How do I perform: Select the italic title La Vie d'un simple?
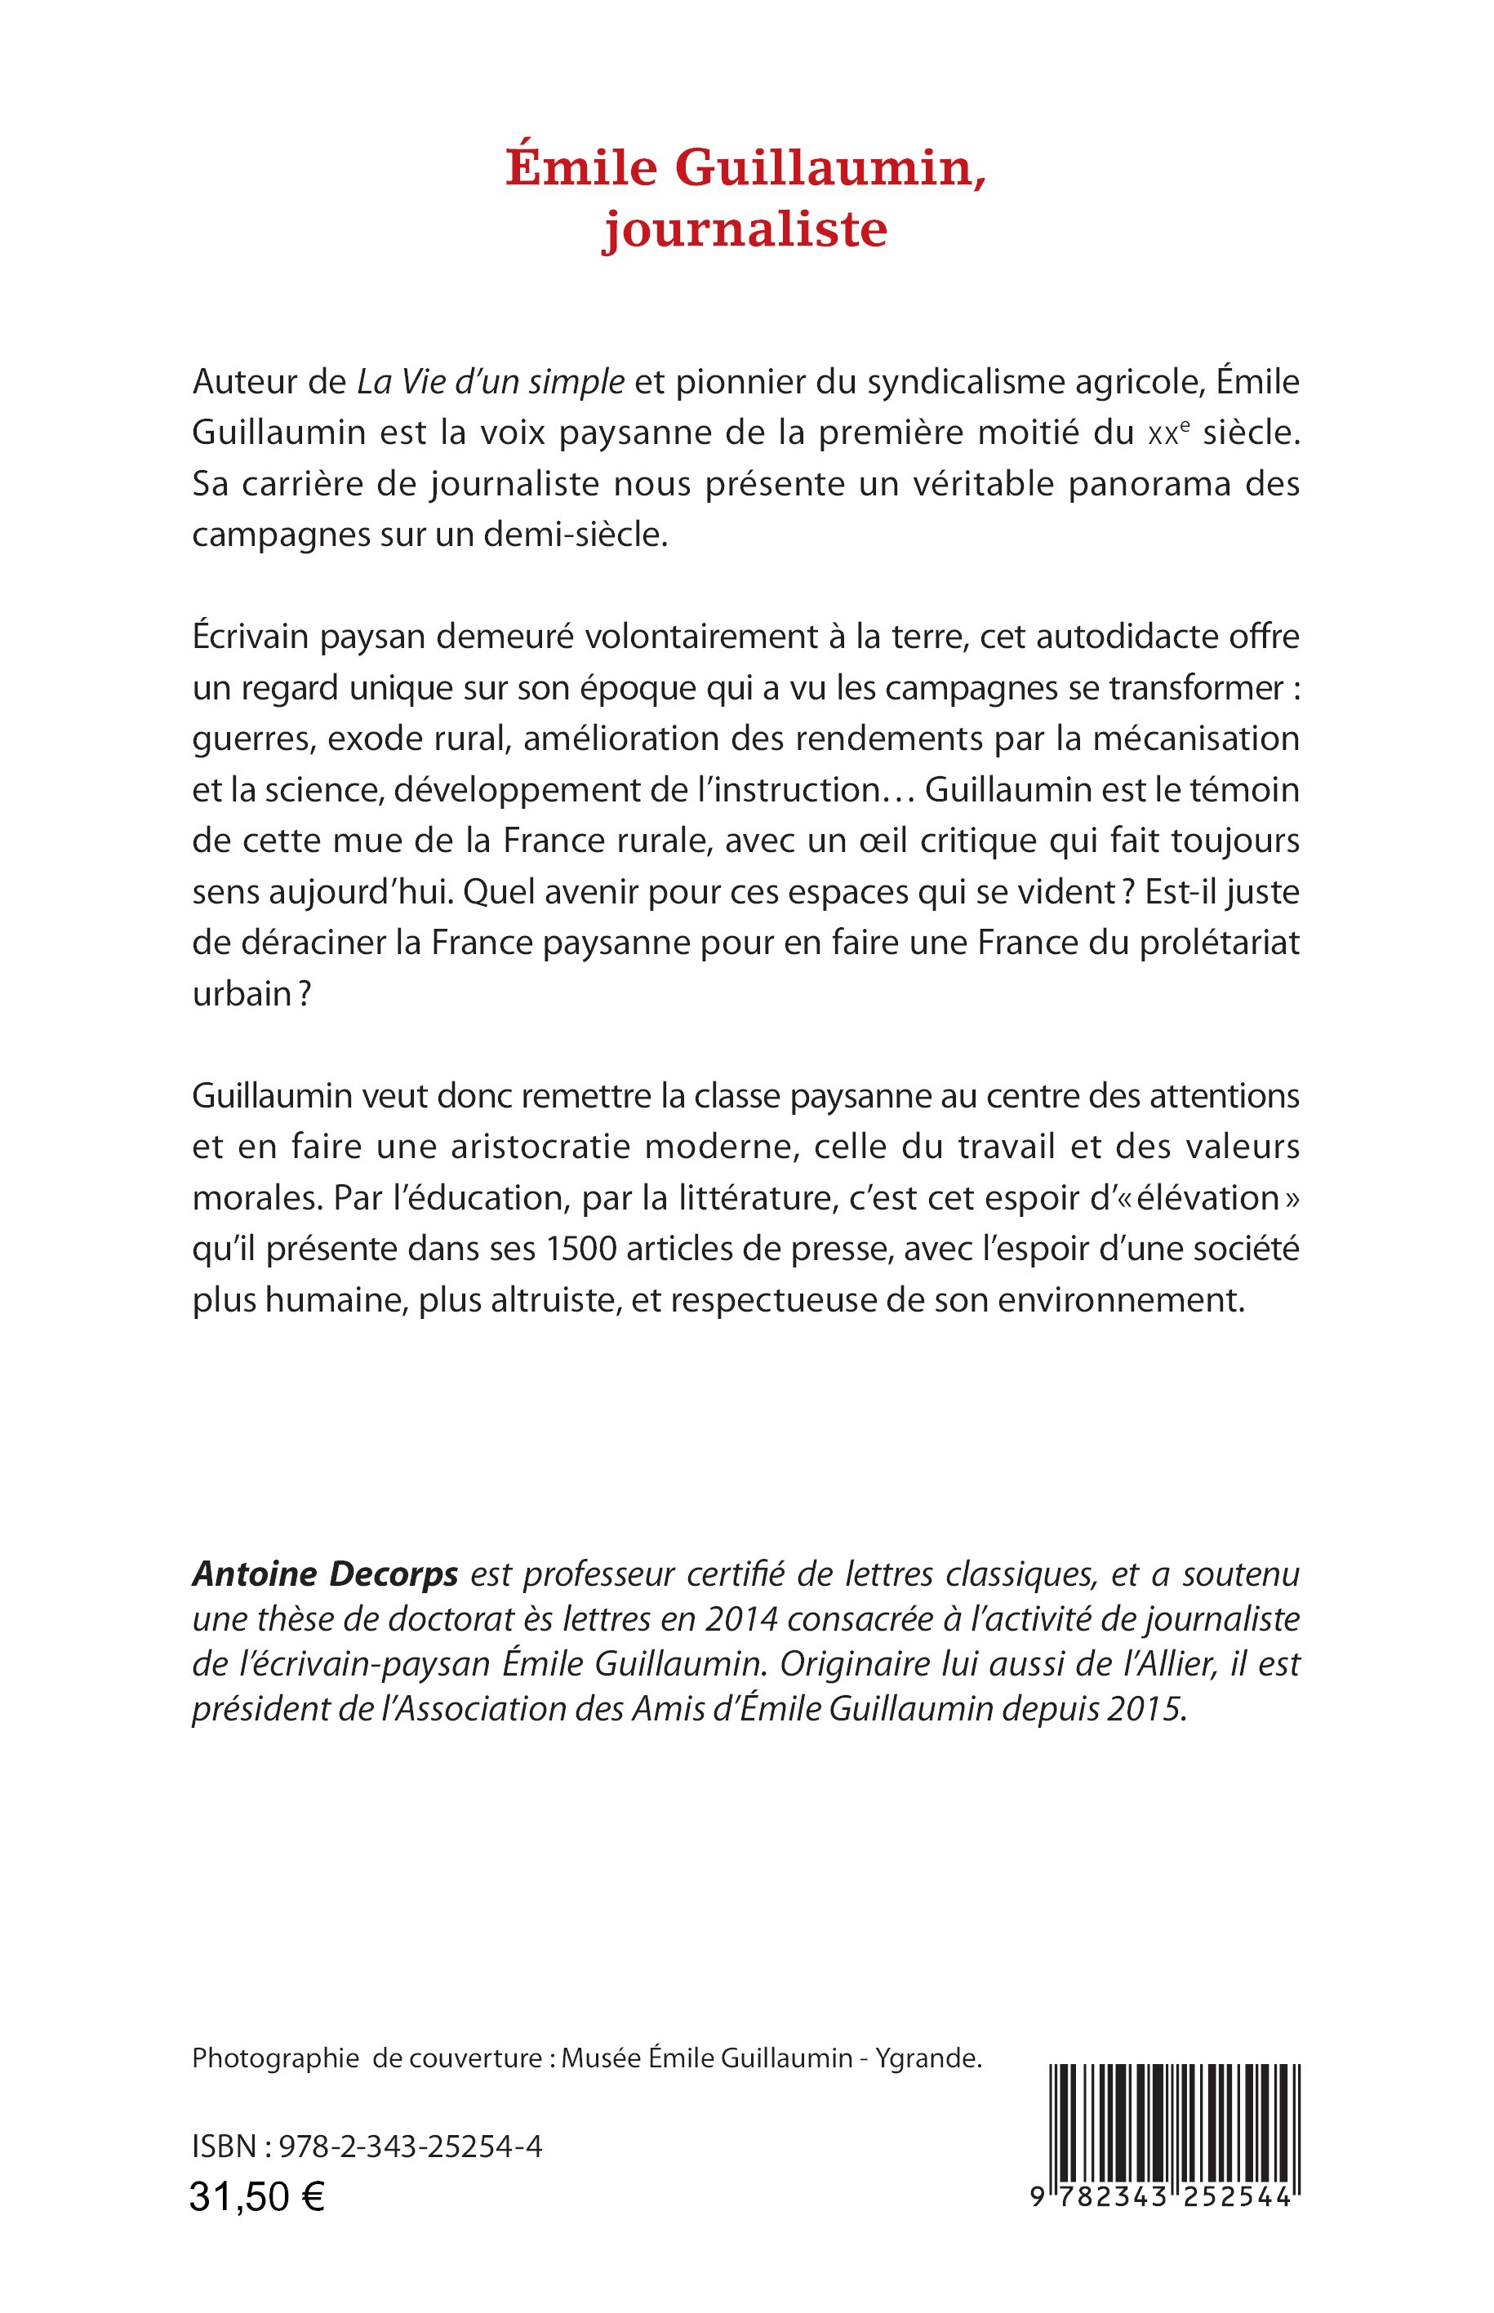tap(491, 382)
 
